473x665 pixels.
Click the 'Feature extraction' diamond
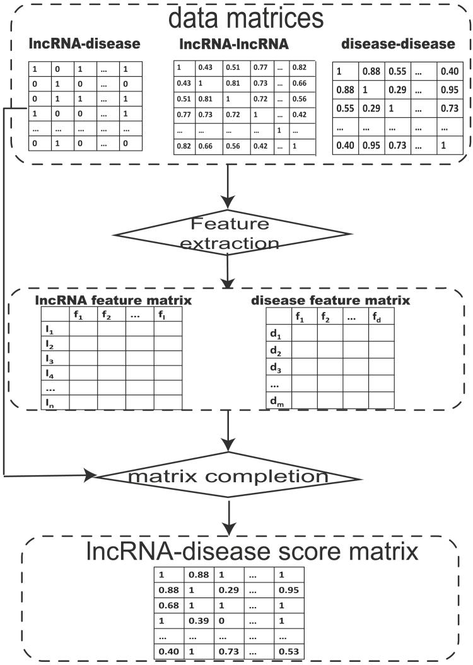point(228,233)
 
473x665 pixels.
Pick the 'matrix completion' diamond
point(228,476)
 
